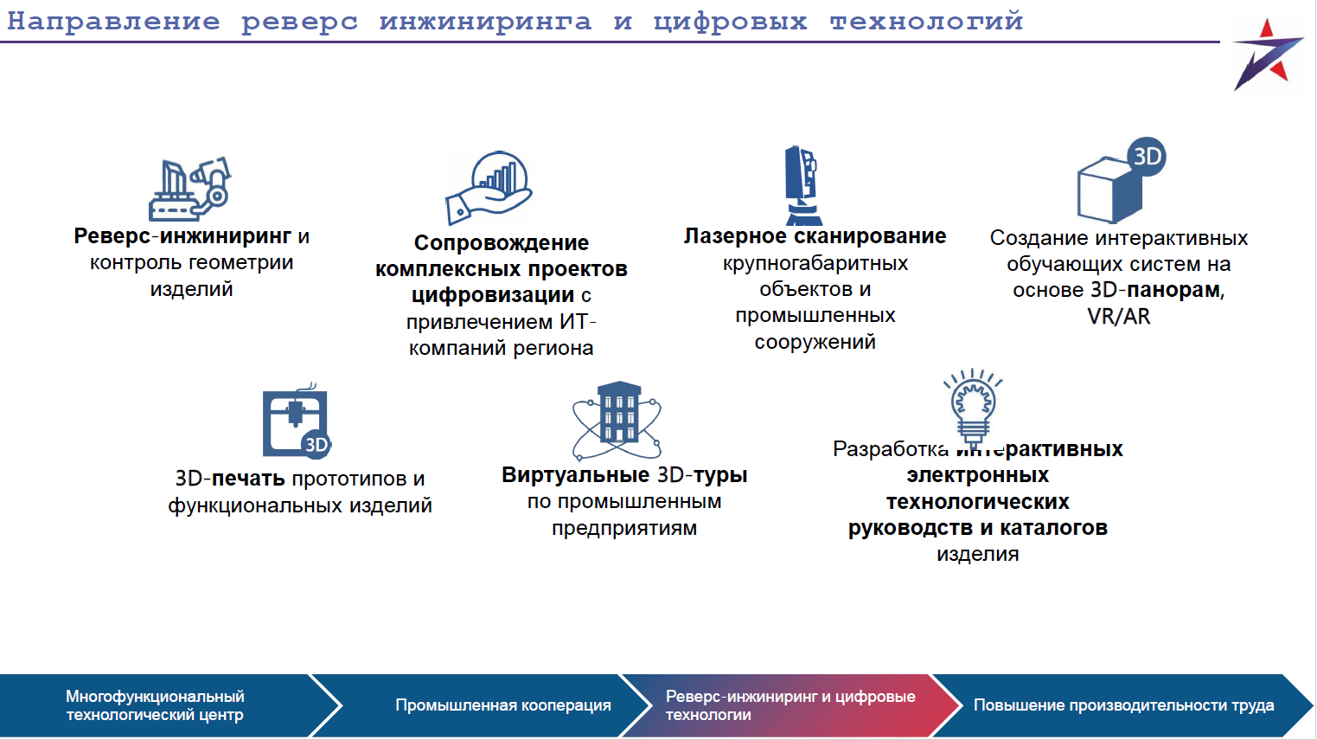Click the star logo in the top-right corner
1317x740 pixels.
coord(1266,55)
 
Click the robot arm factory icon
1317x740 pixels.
coord(190,189)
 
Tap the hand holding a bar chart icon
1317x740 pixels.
coord(489,188)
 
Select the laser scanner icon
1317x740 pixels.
coord(802,185)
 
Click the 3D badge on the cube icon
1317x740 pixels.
coord(1147,157)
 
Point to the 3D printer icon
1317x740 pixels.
coord(297,421)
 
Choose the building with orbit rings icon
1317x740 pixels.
coord(617,421)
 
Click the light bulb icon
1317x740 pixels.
coord(974,405)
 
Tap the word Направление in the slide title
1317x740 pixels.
coord(113,21)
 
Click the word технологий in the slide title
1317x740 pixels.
coord(926,21)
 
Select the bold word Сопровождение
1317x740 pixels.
coord(502,243)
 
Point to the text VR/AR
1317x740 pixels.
coord(1119,317)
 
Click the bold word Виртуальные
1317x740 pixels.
coord(576,475)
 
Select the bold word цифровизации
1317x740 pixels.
coord(493,295)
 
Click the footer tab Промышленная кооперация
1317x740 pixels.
coord(503,705)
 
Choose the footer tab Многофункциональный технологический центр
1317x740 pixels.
coord(155,705)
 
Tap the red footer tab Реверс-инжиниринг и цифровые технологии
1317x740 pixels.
coord(790,705)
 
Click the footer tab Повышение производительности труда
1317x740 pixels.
coord(1123,705)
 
